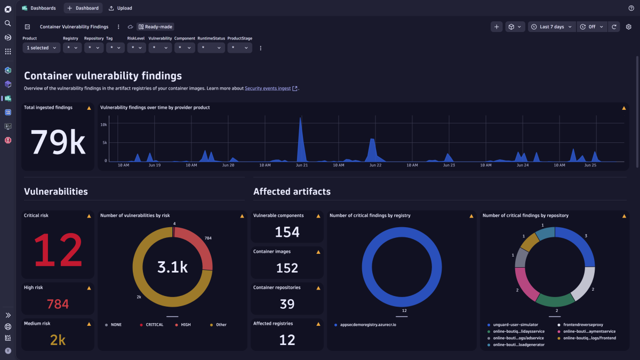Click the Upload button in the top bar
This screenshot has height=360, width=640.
pos(120,8)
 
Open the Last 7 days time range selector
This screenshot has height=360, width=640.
pos(551,27)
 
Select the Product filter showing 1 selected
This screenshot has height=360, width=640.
pos(41,48)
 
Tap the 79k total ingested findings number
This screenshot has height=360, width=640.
pos(58,142)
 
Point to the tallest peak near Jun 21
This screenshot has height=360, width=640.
pos(300,119)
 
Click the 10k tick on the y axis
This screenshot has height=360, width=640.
pos(104,124)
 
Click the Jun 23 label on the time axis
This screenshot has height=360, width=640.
pos(449,165)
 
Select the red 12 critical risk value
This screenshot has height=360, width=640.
pos(58,250)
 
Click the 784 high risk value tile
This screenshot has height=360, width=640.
pos(58,304)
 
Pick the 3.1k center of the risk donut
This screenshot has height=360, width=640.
pos(172,267)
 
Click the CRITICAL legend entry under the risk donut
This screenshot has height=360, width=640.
pos(154,325)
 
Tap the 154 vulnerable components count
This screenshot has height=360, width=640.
pos(287,232)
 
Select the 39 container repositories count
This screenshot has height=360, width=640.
pos(287,304)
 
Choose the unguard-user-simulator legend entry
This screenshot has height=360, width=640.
pos(515,324)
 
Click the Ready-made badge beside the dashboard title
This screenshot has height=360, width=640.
pos(155,27)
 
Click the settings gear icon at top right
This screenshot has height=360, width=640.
pos(628,27)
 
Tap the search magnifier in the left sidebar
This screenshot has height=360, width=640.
pos(7,23)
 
